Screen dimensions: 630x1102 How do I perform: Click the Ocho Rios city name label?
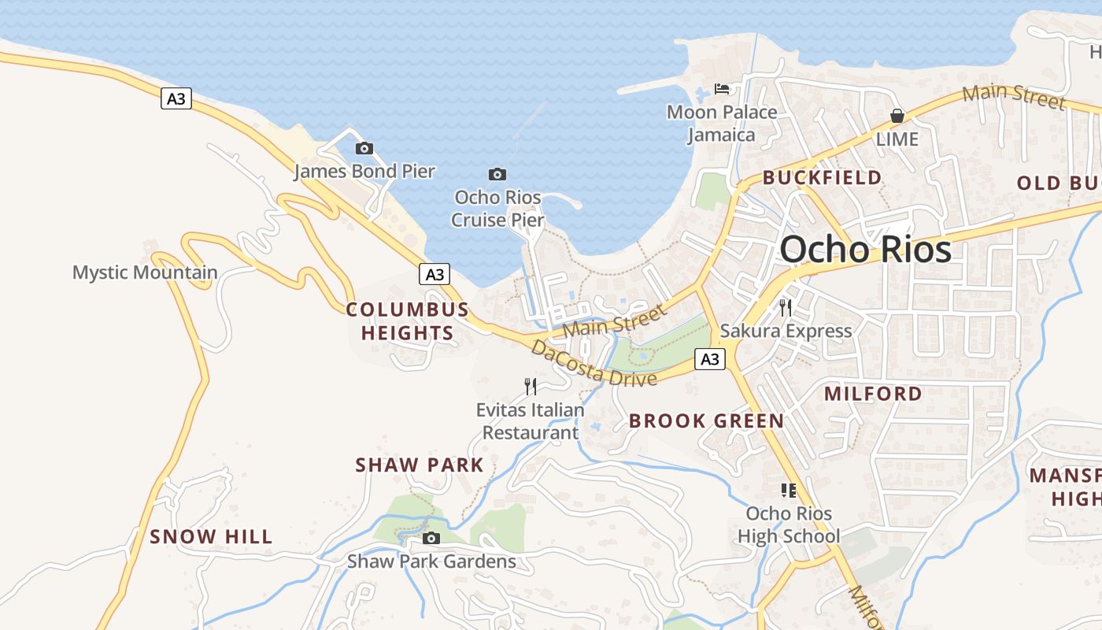tap(865, 250)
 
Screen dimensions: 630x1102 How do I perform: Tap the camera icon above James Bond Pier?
tap(364, 148)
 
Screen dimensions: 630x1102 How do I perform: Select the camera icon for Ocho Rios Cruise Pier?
tap(497, 174)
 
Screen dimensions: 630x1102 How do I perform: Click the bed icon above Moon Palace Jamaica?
tap(722, 88)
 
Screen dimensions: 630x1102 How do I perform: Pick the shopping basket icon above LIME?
tap(897, 116)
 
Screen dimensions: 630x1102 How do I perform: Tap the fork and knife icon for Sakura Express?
tap(786, 307)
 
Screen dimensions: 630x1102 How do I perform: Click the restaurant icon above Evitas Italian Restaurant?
tap(531, 386)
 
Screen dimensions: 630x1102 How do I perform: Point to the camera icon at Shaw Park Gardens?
tap(431, 539)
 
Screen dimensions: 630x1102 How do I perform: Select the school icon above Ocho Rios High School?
tap(789, 491)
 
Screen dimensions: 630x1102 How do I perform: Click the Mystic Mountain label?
tap(145, 273)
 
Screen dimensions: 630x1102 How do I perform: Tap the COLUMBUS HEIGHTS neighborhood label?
tap(408, 321)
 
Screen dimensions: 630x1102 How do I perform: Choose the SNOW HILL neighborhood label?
tap(211, 537)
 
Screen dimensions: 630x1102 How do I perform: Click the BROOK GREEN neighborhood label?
tap(706, 421)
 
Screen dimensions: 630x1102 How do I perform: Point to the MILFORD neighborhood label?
tap(873, 394)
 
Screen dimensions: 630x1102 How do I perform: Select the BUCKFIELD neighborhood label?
tap(822, 178)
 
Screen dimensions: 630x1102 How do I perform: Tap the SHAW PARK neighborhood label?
tap(419, 465)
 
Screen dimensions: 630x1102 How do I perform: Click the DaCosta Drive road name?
tap(594, 364)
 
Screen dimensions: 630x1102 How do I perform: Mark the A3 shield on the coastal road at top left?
tap(176, 98)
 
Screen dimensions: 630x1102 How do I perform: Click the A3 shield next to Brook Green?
tap(710, 359)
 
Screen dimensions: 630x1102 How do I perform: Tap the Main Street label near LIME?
tap(1015, 96)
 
